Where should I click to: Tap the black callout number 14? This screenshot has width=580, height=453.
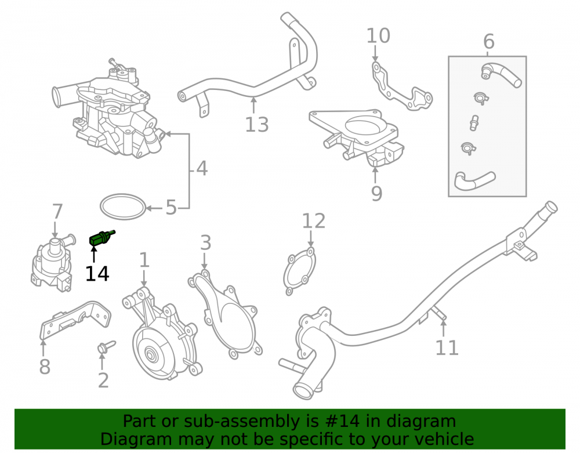97,274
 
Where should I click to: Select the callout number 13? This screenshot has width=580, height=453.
257,125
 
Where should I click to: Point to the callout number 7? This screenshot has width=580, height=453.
57,212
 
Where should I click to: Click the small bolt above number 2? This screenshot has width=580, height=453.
106,347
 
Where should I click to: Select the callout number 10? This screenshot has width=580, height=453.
378,36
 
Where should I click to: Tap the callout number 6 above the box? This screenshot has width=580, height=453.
488,41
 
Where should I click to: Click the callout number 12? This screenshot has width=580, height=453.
314,221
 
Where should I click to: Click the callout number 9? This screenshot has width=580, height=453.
376,193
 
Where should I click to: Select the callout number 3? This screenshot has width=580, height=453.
205,242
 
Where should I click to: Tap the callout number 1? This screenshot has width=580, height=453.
144,260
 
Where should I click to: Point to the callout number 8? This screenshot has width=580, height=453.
45,367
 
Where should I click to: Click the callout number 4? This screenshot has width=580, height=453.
202,168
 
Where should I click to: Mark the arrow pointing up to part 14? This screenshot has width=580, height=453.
94,254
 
